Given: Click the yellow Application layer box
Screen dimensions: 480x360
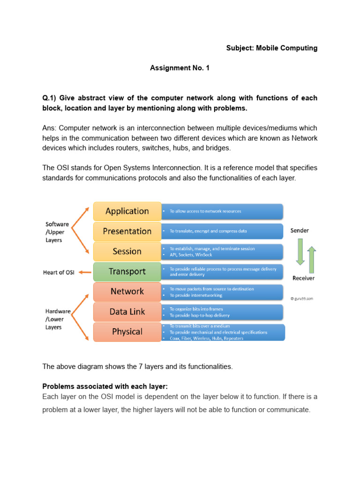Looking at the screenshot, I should (127, 211).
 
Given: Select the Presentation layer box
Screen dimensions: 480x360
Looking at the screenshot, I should (127, 231).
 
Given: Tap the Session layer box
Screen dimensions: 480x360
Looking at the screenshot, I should (127, 251).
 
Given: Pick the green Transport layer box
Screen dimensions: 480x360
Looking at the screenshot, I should (127, 271).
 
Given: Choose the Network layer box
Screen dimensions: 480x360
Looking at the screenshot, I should (127, 292).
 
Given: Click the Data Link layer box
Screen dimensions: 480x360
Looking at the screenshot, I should (127, 312).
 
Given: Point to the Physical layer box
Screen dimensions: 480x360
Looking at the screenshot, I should (127, 332).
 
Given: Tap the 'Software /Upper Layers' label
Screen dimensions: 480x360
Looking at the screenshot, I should (57, 232).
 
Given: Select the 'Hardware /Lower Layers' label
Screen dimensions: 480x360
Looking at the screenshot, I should (58, 319).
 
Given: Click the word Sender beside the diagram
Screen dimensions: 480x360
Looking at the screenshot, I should (300, 230).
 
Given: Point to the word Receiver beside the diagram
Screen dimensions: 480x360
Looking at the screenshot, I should (303, 278).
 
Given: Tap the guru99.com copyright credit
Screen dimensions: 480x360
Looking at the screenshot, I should (302, 298).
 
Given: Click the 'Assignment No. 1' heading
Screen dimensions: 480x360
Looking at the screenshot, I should (180, 68).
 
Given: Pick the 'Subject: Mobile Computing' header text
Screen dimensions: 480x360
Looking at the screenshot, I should (272, 48).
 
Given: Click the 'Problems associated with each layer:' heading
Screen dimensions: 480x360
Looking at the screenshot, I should (105, 386).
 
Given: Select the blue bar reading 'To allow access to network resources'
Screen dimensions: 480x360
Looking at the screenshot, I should (222, 211).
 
